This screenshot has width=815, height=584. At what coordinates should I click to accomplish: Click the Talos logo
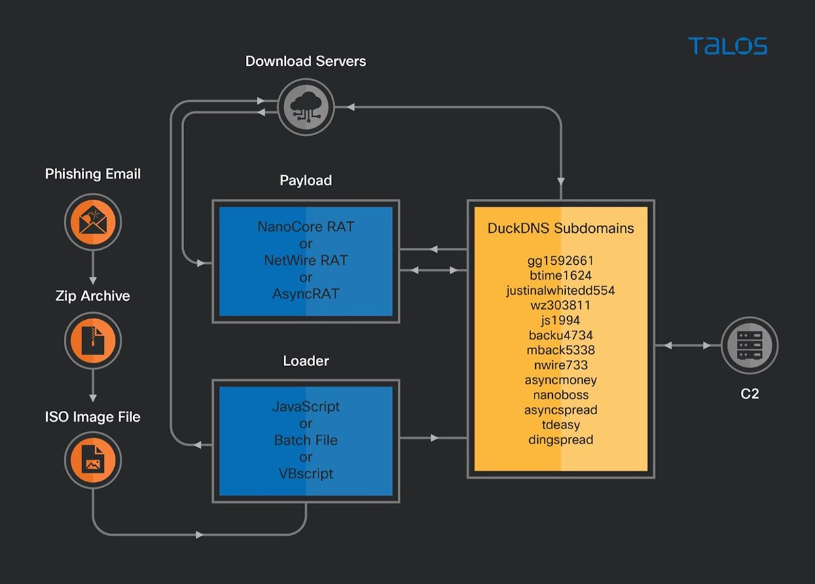727,46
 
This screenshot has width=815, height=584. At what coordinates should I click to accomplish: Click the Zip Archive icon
93,341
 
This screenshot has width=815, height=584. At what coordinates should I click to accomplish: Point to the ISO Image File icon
93,460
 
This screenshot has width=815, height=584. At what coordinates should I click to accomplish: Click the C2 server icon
749,346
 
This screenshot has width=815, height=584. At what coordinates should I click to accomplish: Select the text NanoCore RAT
306,227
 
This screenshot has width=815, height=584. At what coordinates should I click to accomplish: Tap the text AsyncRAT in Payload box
306,293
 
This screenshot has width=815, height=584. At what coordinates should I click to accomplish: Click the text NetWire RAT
306,260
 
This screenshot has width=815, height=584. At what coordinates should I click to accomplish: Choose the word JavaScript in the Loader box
306,407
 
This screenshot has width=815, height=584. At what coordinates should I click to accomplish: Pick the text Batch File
306,440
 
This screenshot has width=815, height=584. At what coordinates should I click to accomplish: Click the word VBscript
306,473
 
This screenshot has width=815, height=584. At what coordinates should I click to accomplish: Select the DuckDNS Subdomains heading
560,228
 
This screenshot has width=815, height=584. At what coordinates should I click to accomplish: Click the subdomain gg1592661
560,261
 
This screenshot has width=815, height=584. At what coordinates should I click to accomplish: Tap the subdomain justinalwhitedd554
560,291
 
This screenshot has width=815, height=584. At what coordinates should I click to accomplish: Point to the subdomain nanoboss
560,395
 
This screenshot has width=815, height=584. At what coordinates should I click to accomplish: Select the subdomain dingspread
560,439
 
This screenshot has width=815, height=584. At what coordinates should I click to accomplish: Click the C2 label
749,394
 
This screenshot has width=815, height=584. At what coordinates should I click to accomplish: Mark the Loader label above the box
306,361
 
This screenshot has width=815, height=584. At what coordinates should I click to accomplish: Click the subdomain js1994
560,320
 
